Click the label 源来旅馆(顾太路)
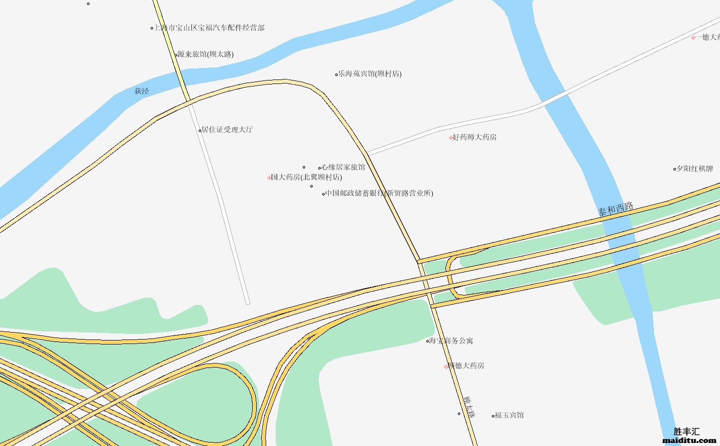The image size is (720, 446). pos(206,54)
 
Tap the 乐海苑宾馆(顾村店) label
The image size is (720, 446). pos(370,74)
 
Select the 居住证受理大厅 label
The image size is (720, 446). pos(227,130)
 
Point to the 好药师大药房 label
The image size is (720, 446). pos(474,137)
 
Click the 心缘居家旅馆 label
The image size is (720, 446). pos(343,167)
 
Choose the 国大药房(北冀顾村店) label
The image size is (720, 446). pos(306,177)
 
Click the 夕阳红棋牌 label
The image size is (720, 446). pos(695,169)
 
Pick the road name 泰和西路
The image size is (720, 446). pos(616,209)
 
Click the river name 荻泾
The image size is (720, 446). pos(142,91)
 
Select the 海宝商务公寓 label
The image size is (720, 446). pos(451,341)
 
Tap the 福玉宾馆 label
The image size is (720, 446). pos(509,415)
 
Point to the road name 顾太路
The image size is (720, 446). pos(469,406)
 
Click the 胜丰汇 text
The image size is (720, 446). pos(686,431)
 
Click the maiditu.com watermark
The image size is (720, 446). pos(689,440)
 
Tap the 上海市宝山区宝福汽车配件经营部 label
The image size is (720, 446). pos(209,28)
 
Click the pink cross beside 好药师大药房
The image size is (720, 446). pos(451,137)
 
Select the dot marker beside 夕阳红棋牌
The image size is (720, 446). pos(674,169)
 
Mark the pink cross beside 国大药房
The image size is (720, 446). pos(269,177)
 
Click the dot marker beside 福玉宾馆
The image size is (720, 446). pos(493,415)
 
